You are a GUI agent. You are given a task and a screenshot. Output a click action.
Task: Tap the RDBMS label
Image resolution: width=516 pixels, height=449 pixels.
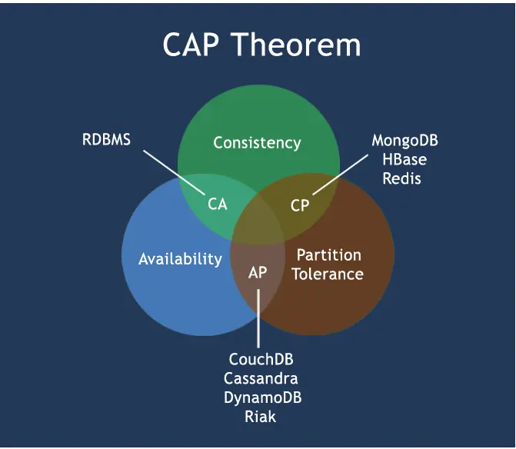point(106,140)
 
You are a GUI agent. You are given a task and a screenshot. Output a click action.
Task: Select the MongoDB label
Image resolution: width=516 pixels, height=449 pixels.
point(404,141)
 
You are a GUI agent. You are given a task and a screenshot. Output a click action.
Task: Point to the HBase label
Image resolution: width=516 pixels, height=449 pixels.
point(404,160)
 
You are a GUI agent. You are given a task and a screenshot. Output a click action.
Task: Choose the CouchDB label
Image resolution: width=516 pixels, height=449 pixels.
point(261,360)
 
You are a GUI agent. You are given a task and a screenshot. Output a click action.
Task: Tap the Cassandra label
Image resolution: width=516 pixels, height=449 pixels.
point(261,379)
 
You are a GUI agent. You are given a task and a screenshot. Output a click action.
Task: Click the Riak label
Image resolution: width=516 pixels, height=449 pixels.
point(261,417)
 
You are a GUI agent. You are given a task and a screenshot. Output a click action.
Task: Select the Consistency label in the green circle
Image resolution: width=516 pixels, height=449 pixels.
point(257,143)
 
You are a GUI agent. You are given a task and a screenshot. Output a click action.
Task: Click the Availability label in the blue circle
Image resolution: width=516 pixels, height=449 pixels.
point(180,259)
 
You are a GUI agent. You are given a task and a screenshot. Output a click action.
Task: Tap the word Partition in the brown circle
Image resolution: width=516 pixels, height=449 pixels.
point(328,255)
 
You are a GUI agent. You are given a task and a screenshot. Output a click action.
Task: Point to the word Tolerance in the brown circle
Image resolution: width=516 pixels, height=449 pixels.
point(328,274)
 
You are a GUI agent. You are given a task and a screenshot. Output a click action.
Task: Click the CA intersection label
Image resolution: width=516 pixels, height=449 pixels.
point(218,205)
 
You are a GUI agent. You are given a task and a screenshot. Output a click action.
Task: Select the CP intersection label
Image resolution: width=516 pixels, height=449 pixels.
point(300,205)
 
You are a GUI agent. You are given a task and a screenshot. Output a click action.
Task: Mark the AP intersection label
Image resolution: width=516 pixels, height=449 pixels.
point(258,273)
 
